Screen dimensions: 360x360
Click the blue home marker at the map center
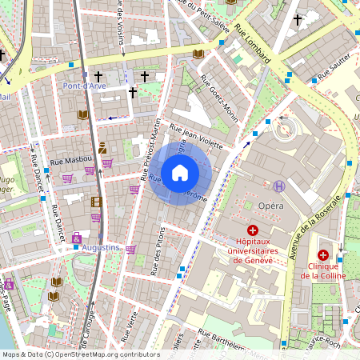coord(180,173)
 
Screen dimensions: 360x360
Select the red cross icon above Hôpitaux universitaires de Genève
coord(253,229)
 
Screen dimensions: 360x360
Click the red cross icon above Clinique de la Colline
coord(323,254)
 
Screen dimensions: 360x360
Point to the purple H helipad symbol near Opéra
coord(279,186)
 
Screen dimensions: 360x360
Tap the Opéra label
coord(271,206)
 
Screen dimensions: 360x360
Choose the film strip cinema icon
coord(96,202)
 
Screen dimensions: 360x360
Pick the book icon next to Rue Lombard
coord(198,54)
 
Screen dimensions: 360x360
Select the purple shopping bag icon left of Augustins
coord(76,238)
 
